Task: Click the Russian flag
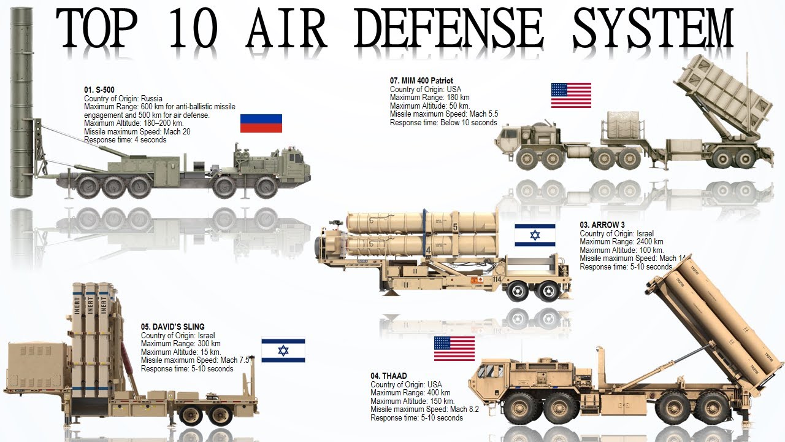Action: (261, 123)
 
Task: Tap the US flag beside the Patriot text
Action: (571, 95)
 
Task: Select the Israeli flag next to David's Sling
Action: (283, 350)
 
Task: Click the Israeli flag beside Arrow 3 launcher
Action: (535, 235)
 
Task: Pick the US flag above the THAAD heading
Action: (454, 348)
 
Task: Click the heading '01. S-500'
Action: (99, 90)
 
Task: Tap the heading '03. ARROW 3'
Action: (602, 225)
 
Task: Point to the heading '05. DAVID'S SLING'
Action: (172, 327)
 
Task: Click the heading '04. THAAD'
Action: (388, 376)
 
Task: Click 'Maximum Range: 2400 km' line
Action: (621, 242)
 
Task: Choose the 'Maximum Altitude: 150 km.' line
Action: (412, 401)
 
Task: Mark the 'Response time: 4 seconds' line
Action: (125, 140)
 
